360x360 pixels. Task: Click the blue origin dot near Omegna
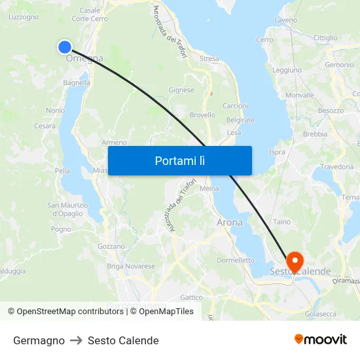coord(64,46)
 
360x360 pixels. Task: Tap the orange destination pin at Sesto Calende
coord(294,261)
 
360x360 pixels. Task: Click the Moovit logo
coord(320,340)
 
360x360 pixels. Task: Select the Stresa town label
coord(209,59)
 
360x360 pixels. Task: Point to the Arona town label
coord(229,223)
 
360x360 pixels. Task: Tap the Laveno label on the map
coord(286,20)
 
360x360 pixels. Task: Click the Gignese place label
coord(181,90)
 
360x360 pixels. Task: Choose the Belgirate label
coord(240,120)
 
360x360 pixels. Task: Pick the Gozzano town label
coord(111,246)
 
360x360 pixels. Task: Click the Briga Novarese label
coord(131,266)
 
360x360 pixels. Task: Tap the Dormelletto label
coord(236,260)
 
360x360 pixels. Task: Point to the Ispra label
coord(277,152)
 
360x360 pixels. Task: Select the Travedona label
coord(336,167)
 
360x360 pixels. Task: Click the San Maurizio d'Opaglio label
coord(65,209)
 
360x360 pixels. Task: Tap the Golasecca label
coord(321,314)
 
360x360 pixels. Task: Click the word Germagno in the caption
coord(39,340)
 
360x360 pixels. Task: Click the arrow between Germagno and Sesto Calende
coord(76,340)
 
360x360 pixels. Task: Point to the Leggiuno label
coord(287,70)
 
